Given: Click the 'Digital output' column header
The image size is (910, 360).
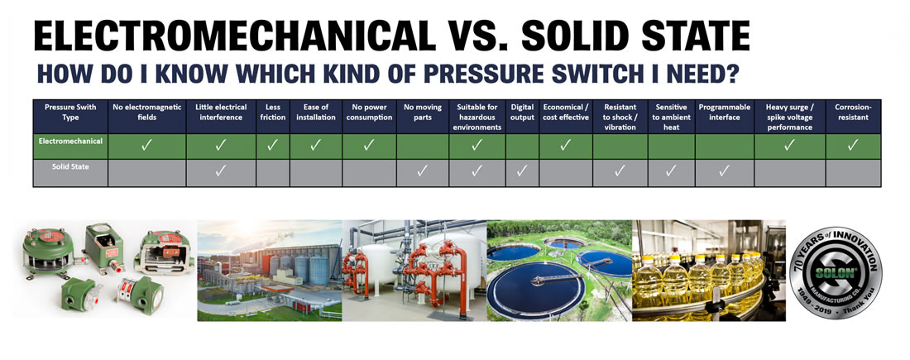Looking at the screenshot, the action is click(522, 112).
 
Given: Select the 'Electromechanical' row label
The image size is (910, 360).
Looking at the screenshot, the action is click(70, 141).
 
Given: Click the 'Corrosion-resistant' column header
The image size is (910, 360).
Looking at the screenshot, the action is click(853, 112).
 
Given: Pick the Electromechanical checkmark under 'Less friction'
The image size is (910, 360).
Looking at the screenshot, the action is click(273, 146).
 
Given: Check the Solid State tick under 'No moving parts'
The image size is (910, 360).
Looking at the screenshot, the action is click(422, 170).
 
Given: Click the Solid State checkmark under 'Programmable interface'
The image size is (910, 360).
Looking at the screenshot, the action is click(724, 170).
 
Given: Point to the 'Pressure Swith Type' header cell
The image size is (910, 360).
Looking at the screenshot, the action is click(70, 112).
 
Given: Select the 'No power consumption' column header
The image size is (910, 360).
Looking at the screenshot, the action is click(368, 112).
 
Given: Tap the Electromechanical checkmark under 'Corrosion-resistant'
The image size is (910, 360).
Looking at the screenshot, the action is click(853, 146).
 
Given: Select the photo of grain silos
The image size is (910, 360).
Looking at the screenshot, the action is click(270, 271).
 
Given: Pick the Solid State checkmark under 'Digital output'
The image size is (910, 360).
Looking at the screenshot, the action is click(522, 170).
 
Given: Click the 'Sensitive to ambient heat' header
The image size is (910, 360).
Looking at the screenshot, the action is click(671, 117).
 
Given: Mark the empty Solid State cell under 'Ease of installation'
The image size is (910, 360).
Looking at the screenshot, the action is click(315, 174).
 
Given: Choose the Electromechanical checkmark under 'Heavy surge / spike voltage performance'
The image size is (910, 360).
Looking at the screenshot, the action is click(788, 146).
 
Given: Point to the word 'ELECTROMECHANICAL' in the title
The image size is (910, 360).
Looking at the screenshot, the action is click(234, 36).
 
